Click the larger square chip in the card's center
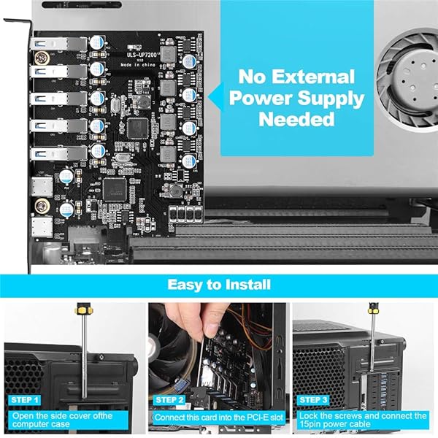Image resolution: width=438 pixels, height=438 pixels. click(x=138, y=128)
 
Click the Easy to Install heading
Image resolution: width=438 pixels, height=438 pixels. click(x=218, y=284)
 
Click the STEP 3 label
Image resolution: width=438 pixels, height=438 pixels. click(x=315, y=400)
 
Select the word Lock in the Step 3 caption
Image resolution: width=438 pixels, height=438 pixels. click(x=307, y=415)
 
